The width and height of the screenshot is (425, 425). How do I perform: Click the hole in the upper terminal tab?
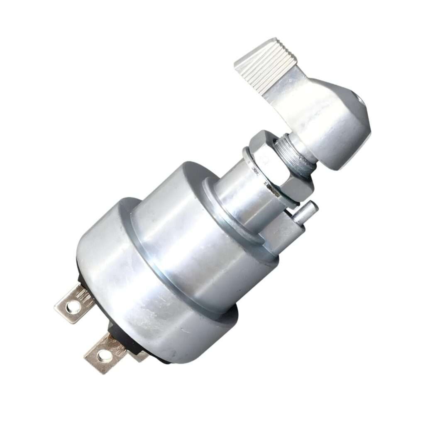tap(73, 308)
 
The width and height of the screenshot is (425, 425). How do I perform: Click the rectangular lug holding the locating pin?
tap(286, 232)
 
